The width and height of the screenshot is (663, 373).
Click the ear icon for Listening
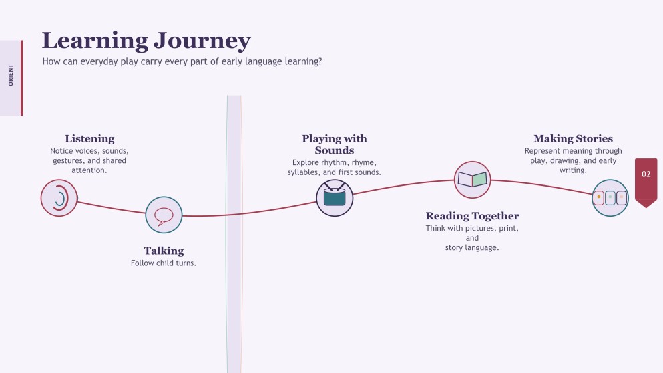click(59, 198)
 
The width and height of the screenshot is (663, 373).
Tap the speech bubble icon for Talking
click(164, 215)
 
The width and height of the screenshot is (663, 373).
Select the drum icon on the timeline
click(335, 198)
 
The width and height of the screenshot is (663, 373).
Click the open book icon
click(472, 180)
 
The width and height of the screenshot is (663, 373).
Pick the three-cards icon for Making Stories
click(610, 198)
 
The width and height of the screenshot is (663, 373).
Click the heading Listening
click(89, 139)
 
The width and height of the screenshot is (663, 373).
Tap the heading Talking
click(164, 251)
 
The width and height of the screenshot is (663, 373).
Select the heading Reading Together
click(472, 216)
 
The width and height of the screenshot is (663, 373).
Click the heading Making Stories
click(574, 139)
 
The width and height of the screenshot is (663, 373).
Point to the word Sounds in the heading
click(335, 150)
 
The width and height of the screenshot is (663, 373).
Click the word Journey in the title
click(202, 41)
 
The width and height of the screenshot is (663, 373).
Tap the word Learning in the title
click(95, 41)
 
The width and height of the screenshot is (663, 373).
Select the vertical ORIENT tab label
click(11, 76)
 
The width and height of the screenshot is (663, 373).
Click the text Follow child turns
click(164, 263)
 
